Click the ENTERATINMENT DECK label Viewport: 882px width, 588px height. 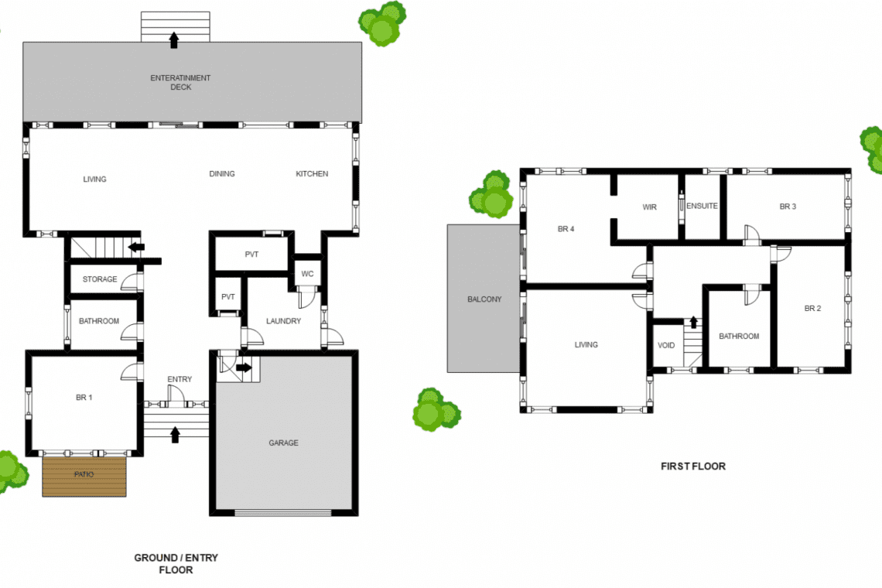tap(180, 82)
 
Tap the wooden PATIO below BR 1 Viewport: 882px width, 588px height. tap(84, 476)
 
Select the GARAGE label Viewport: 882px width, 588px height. tap(283, 443)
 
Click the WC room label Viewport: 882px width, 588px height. tap(307, 274)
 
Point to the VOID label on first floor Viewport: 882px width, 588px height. tap(666, 346)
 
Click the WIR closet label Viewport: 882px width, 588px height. tap(650, 207)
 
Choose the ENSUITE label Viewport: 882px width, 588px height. tap(702, 206)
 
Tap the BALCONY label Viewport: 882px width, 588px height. tap(484, 299)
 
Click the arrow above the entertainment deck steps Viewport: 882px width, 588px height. tap(174, 40)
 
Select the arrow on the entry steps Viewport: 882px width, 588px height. tap(175, 434)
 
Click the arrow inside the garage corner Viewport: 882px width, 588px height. tap(244, 367)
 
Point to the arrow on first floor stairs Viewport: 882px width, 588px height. tap(693, 322)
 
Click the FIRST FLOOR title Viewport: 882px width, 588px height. tap(693, 466)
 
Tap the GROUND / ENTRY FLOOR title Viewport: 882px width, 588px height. tap(176, 564)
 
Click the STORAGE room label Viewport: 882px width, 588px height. tap(100, 279)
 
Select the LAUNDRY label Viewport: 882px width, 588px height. tap(283, 321)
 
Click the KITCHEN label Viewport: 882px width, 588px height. tap(313, 174)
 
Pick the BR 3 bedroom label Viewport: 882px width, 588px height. tap(788, 207)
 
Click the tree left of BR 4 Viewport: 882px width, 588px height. tap(491, 195)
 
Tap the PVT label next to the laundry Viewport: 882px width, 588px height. tap(227, 297)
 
